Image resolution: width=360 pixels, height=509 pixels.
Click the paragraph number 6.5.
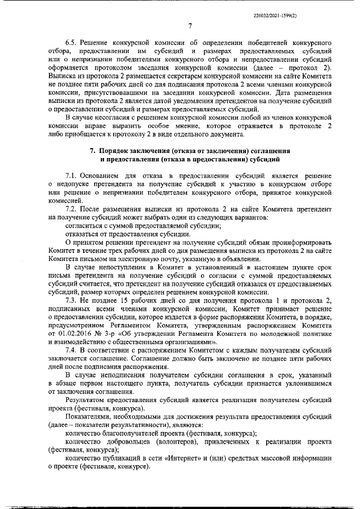tap(71, 43)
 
